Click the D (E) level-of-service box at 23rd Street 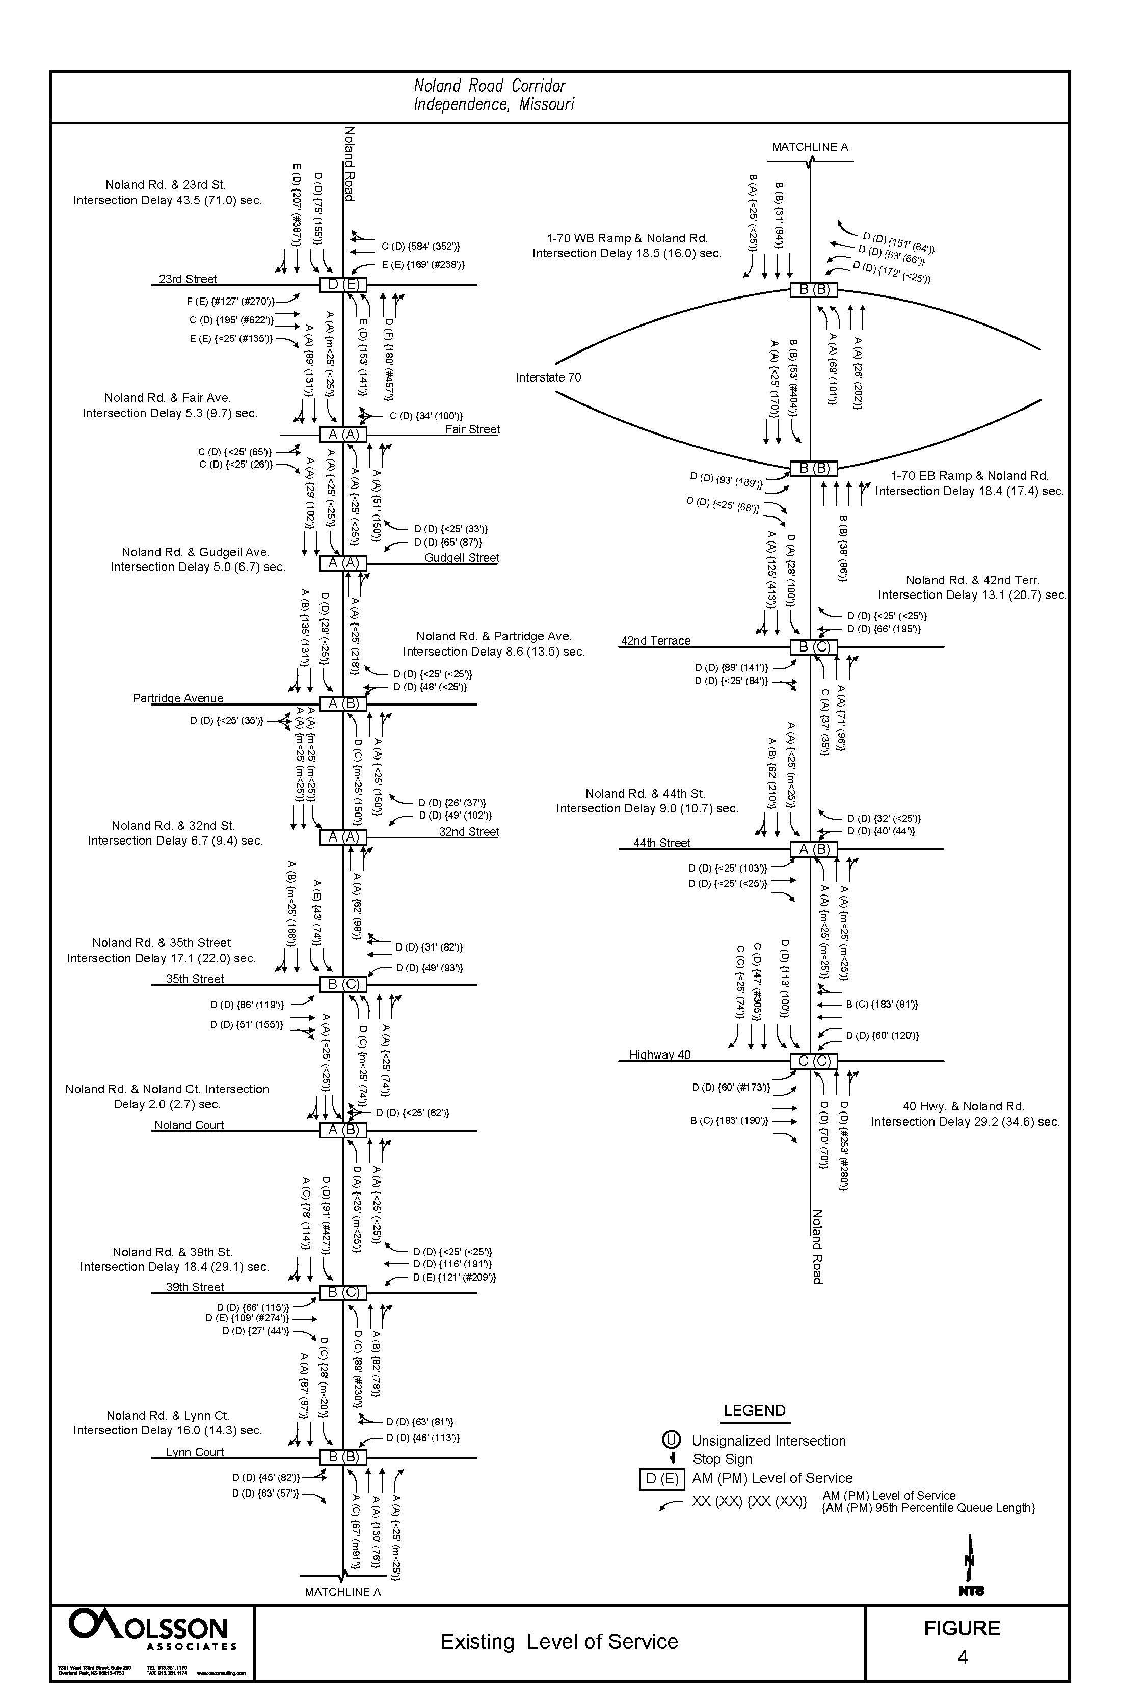(x=343, y=284)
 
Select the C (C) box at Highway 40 (x=813, y=1061)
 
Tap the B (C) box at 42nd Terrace (x=813, y=646)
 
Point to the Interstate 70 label (x=548, y=377)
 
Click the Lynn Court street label (x=195, y=1452)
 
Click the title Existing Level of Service (x=559, y=1641)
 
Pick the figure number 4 (x=962, y=1657)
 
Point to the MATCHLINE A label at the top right (x=810, y=147)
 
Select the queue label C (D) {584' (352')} (x=420, y=246)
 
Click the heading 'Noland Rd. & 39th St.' (x=172, y=1252)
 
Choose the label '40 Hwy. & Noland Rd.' (x=963, y=1106)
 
